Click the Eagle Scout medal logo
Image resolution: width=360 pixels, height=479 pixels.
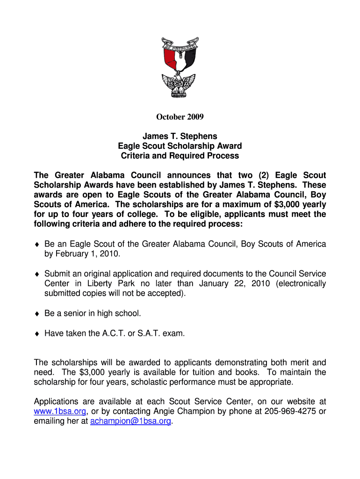(180, 68)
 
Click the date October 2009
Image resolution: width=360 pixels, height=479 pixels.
(180, 116)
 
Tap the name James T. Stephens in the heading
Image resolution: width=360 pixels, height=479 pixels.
(180, 136)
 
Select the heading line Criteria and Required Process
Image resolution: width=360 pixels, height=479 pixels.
(180, 156)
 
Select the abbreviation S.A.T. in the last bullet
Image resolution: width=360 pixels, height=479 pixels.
(152, 334)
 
